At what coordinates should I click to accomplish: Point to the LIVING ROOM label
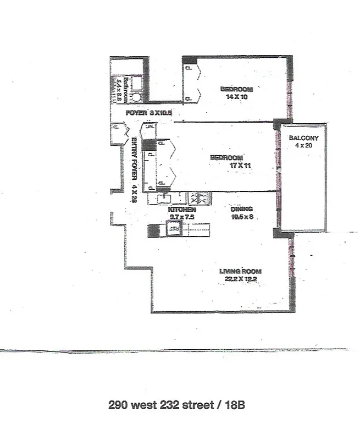[240, 271]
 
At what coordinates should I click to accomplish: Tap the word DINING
[242, 209]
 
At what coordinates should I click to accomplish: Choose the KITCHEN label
[182, 210]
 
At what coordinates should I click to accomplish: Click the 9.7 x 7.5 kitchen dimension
[182, 217]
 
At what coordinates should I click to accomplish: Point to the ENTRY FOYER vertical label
[134, 170]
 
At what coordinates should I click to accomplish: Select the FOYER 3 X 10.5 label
[142, 113]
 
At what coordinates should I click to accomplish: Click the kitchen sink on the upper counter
[164, 197]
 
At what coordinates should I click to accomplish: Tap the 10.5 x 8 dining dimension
[242, 216]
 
